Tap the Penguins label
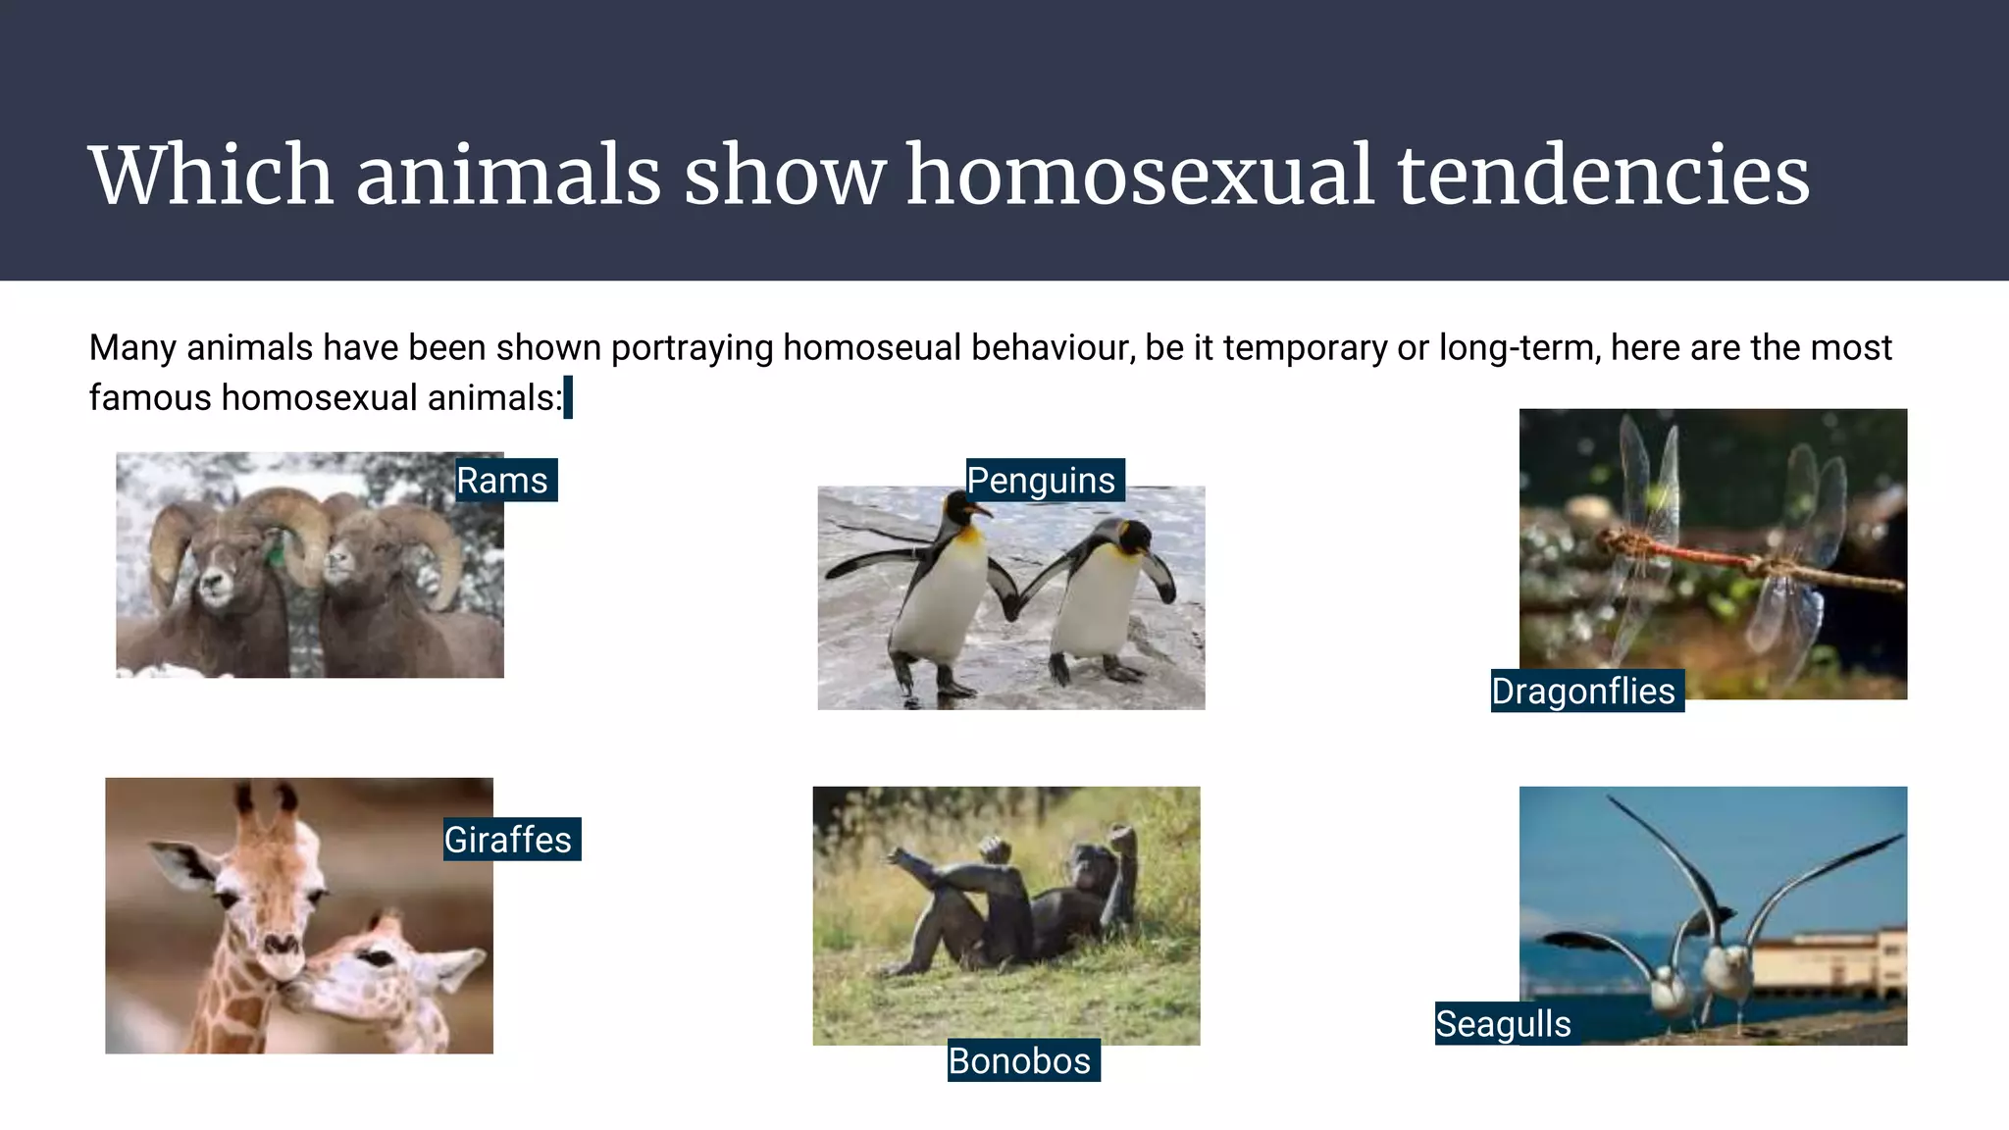[1044, 481]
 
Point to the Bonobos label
[1022, 1060]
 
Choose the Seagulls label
[1505, 1024]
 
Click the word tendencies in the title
[1603, 176]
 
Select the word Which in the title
[212, 176]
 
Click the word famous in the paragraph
[150, 398]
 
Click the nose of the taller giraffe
[282, 947]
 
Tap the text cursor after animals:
[568, 397]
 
